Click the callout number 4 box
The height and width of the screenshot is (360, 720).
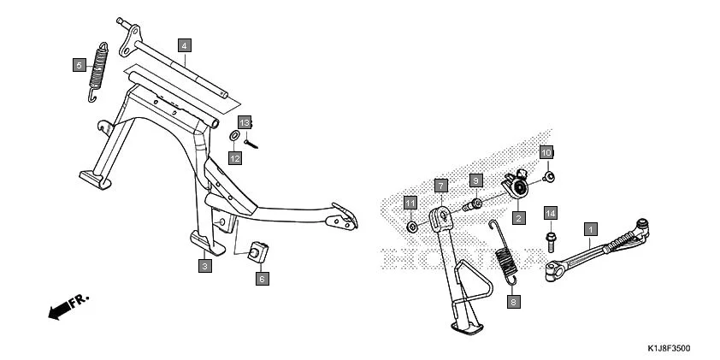tap(184, 44)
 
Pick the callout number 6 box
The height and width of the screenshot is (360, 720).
tap(263, 278)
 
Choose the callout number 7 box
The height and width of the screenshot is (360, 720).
tap(440, 185)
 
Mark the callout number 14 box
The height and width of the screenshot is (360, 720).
tap(551, 212)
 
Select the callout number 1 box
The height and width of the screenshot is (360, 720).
tap(589, 228)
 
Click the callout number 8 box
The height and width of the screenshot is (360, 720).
tap(512, 301)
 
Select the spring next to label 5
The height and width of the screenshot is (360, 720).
tap(99, 72)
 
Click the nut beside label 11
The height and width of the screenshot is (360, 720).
tap(412, 227)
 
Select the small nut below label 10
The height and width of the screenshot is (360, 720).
tap(549, 177)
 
